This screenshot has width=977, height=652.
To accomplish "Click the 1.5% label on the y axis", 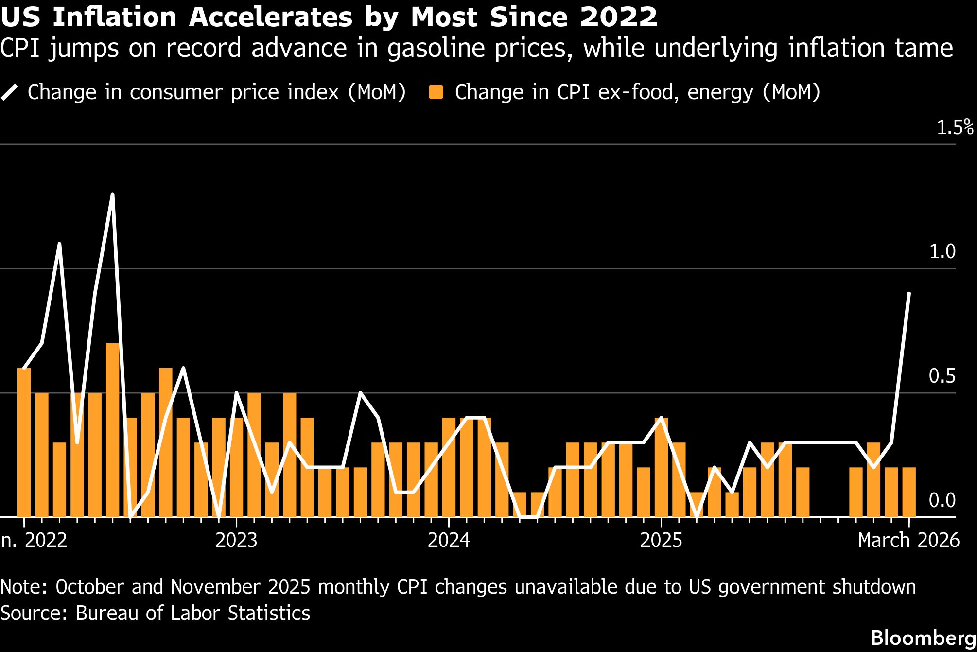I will coord(955,127).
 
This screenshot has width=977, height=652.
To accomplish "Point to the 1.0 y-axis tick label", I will coord(942,252).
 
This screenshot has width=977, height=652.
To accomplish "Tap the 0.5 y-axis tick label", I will coord(942,376).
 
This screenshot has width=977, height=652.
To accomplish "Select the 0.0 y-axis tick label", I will coord(942,500).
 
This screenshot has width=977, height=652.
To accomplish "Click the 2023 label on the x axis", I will coord(236,540).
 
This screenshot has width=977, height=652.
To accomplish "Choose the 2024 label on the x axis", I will coord(449,540).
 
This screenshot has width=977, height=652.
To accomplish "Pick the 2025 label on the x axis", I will coord(661,540).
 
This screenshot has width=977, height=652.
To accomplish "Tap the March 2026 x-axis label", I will coord(908,540).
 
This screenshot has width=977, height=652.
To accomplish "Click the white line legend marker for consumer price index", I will coord(10,92).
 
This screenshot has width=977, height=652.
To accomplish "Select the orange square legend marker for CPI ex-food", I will coord(436,92).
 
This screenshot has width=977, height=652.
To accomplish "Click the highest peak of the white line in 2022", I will coord(112,194).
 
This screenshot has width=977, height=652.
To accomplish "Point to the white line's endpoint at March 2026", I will coord(909,294).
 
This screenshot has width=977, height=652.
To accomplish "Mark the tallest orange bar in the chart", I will coord(112,430).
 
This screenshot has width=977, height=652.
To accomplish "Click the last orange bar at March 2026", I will coord(909,492).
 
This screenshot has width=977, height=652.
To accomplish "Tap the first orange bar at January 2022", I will coord(24,442).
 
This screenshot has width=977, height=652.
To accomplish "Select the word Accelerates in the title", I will coord(270,17).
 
